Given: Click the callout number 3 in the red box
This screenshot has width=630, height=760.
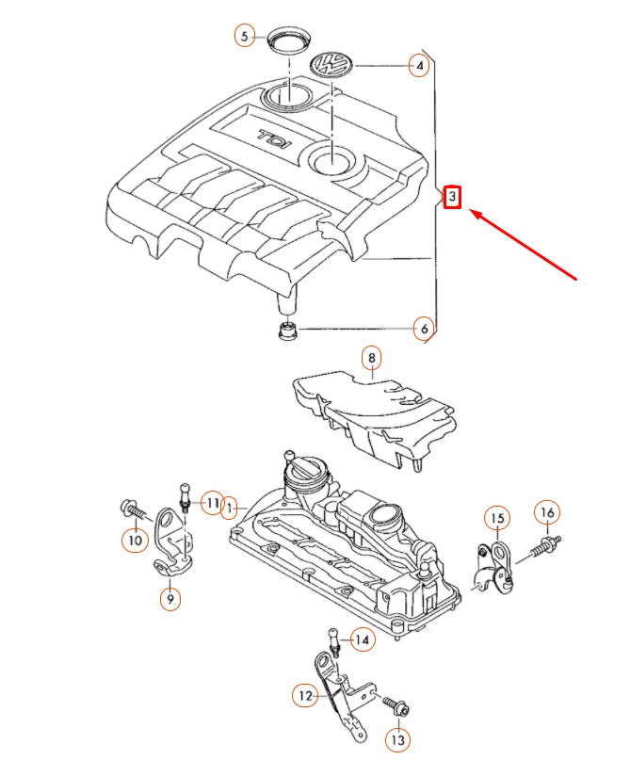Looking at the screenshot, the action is pos(452,197).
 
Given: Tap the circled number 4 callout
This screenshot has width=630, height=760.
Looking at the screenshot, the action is pos(419,65).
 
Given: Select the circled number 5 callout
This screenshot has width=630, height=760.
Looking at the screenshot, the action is pos(245,36).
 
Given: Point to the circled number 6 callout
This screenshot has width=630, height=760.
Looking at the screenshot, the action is pos(424,329).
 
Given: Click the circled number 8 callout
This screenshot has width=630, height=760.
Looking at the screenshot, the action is pos(372,358).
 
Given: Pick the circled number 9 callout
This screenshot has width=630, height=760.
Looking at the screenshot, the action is pos(170,599).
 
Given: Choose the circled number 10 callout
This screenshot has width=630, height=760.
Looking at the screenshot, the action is pos(136,540).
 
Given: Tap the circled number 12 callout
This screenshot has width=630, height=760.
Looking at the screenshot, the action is pos(305,696).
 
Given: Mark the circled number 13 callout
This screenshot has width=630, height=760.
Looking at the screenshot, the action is pos(397,740).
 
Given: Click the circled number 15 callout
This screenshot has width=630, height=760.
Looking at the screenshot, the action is pos(498,518).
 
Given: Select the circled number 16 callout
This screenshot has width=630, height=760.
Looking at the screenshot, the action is pos(547,512).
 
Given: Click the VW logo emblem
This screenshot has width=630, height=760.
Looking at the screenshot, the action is pos(331,64).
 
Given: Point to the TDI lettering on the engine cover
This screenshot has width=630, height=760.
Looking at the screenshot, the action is pos(274,139).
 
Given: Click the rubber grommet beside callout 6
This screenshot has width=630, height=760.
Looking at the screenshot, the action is pos(288,331).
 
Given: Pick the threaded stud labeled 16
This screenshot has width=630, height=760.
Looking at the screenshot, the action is pos(545,546).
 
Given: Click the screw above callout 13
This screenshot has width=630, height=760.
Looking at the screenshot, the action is pos(396,705).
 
